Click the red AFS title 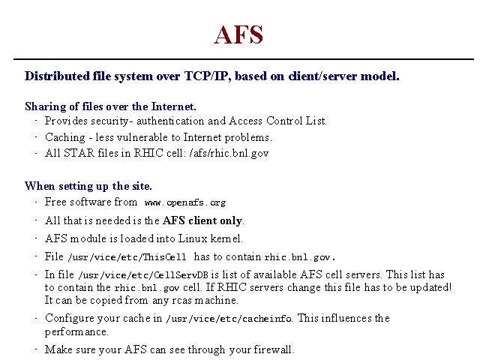click(238, 34)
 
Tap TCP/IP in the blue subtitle click(207, 76)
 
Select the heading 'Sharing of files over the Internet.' click(110, 106)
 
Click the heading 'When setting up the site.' click(88, 186)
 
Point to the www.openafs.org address click(185, 202)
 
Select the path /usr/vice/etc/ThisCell click(127, 256)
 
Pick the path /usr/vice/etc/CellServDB click(143, 275)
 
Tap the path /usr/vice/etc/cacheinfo click(229, 319)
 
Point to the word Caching click(65, 137)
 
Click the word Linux click(193, 238)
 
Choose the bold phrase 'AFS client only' click(202, 220)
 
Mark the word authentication click(170, 121)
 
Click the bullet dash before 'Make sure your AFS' click(36, 349)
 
